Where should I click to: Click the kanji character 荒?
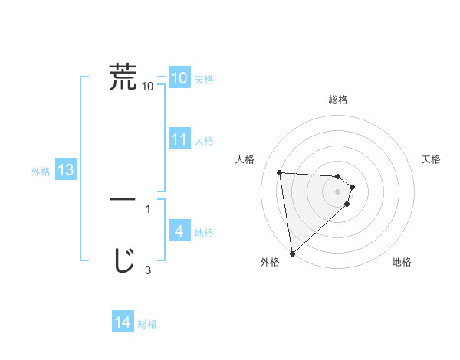click(x=123, y=77)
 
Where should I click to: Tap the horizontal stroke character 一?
click(x=123, y=198)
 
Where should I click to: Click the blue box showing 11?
click(x=179, y=139)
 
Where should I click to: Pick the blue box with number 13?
click(x=66, y=170)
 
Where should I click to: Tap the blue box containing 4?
click(x=179, y=231)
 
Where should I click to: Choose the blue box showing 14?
click(x=123, y=322)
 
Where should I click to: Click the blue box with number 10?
click(x=179, y=77)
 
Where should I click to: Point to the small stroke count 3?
click(x=148, y=270)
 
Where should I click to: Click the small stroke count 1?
click(x=148, y=208)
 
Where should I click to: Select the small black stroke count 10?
click(x=148, y=87)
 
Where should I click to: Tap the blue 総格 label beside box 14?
click(x=147, y=324)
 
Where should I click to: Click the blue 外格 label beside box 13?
click(x=41, y=172)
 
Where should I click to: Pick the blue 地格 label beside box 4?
click(x=204, y=233)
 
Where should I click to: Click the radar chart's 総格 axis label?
click(x=338, y=100)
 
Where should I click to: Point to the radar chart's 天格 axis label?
click(x=432, y=159)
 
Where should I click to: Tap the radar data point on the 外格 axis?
click(x=292, y=254)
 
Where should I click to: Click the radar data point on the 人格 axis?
click(x=280, y=172)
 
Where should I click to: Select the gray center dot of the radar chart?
click(x=338, y=191)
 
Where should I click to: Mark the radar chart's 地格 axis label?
click(x=402, y=262)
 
